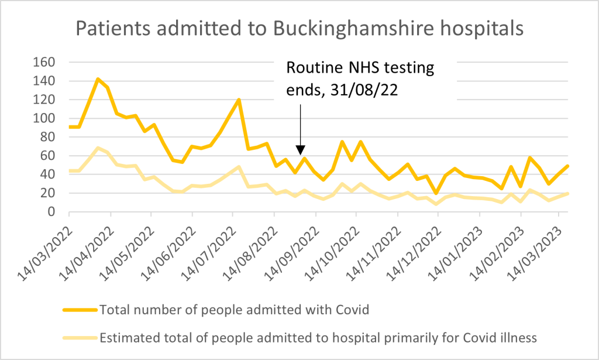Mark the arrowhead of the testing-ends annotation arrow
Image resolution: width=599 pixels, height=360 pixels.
301,150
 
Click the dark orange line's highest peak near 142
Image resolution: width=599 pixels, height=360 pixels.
98,78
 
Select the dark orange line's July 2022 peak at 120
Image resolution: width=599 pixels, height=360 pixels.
239,100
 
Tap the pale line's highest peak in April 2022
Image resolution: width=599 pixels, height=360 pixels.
98,148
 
